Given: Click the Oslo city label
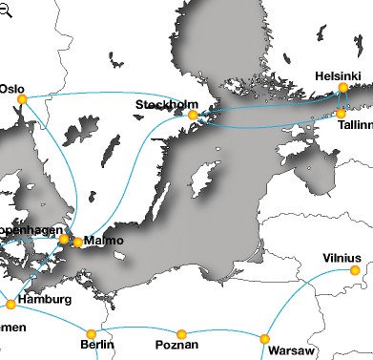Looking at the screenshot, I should [11, 88].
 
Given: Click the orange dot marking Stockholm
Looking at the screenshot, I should [193, 116].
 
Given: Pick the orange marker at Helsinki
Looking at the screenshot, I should [343, 88].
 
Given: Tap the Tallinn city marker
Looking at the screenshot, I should [342, 114].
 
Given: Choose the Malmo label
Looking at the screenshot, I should [104, 241].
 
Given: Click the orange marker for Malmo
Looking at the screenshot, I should [77, 242].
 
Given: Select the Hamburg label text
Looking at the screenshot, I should [45, 300].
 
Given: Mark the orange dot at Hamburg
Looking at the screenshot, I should [11, 305].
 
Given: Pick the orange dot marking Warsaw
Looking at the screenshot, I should [264, 339].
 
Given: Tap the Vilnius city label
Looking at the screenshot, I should [342, 258].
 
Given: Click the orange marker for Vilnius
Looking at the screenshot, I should [355, 271].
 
